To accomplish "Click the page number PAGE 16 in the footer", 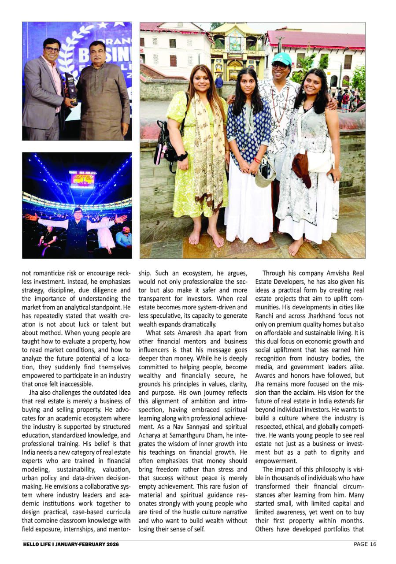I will click(365, 544).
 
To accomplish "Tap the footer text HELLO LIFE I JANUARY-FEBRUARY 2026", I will click(71, 544).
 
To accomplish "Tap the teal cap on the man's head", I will click(282, 58).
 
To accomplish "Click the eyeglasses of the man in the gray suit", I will click(52, 50).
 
